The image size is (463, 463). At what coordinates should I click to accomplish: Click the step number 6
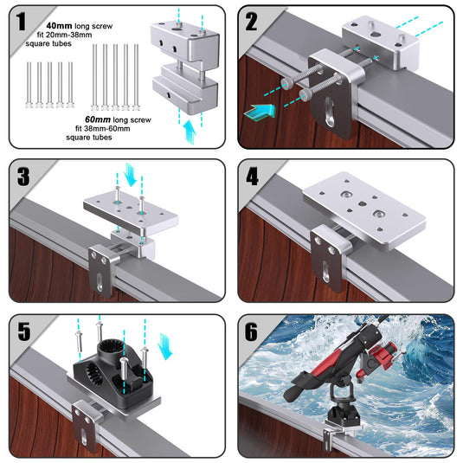[253, 332]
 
